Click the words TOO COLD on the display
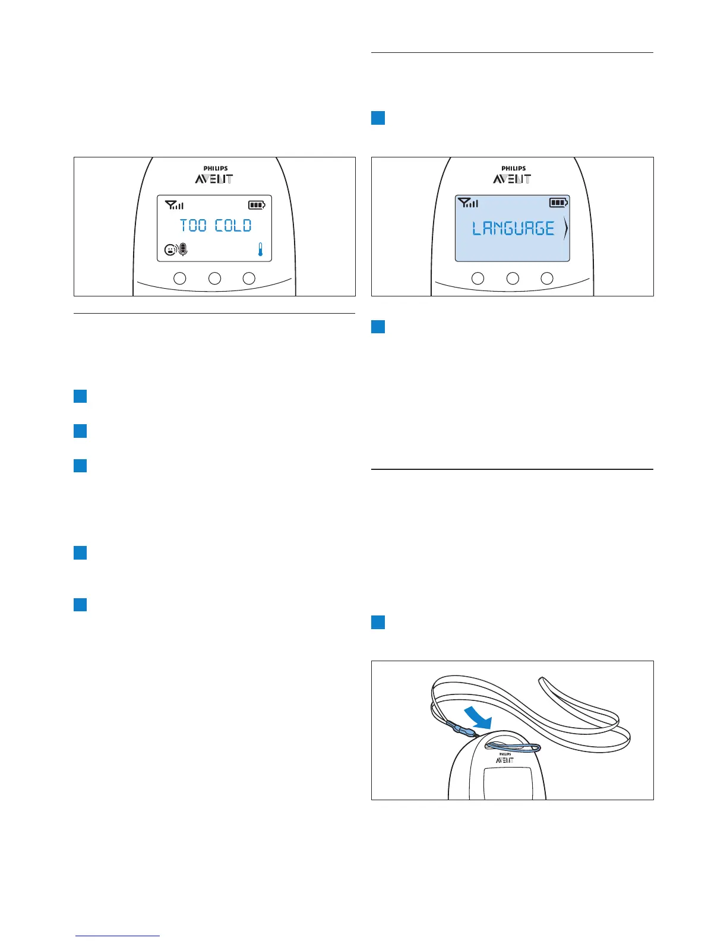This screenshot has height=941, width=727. tap(216, 226)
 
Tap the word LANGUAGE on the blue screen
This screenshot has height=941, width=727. tap(513, 229)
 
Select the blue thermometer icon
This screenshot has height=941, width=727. tap(260, 250)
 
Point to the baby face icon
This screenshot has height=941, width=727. tap(170, 250)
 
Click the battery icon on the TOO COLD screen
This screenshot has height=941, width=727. tap(257, 206)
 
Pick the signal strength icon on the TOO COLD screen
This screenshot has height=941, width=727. tap(175, 206)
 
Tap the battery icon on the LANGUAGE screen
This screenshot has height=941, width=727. tap(558, 203)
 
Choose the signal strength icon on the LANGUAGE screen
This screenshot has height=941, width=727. tap(468, 203)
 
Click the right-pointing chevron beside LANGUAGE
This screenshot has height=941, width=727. tap(565, 229)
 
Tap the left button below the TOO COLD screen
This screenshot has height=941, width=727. tap(179, 278)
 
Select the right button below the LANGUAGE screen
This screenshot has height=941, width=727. tap(547, 278)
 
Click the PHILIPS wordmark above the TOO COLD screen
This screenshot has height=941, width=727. tap(216, 169)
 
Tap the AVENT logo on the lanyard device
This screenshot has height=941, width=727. tap(505, 760)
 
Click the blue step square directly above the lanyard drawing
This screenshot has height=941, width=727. tap(378, 623)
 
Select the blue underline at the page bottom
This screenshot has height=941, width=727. tap(118, 936)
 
